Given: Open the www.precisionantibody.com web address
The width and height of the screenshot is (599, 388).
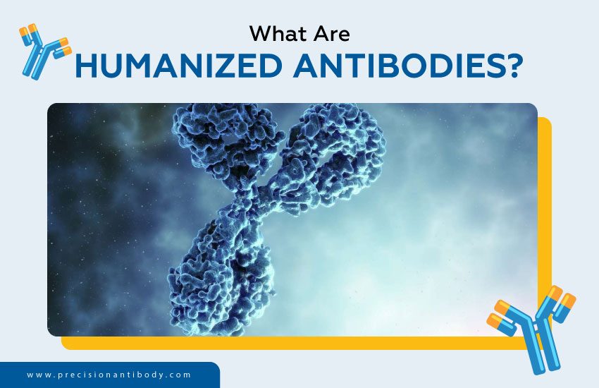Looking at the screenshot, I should tap(109, 375).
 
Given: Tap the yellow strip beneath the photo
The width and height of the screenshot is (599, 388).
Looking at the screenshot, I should tap(296, 343).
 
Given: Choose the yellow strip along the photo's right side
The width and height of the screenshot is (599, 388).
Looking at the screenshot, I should tap(544, 212).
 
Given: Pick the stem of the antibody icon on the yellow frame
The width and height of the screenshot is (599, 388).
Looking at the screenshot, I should tap(538, 348).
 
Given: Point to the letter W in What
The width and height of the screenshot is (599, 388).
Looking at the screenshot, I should tap(260, 33).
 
